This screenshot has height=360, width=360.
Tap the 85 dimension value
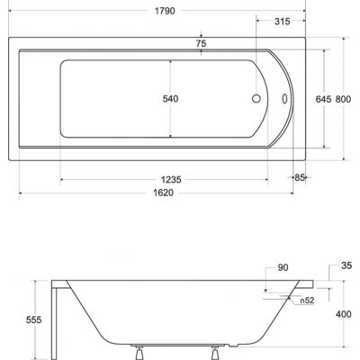point(301,177)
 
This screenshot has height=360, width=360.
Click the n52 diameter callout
point(308,300)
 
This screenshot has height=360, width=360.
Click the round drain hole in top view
point(257,100)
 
